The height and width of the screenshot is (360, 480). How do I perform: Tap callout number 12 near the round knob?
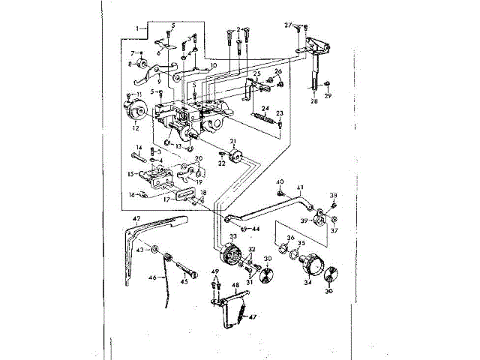tap(135, 128)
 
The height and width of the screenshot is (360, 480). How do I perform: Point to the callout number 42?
tap(136, 219)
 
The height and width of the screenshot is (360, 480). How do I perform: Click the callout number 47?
tap(252, 316)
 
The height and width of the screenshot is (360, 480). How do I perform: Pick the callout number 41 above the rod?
tap(299, 187)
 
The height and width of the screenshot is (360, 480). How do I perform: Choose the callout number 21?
tap(233, 142)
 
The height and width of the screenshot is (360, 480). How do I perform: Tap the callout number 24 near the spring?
tap(265, 108)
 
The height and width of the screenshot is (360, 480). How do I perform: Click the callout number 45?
tap(184, 282)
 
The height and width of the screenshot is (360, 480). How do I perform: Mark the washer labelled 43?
tap(153, 249)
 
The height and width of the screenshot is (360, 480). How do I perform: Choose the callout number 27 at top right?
tap(287, 25)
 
